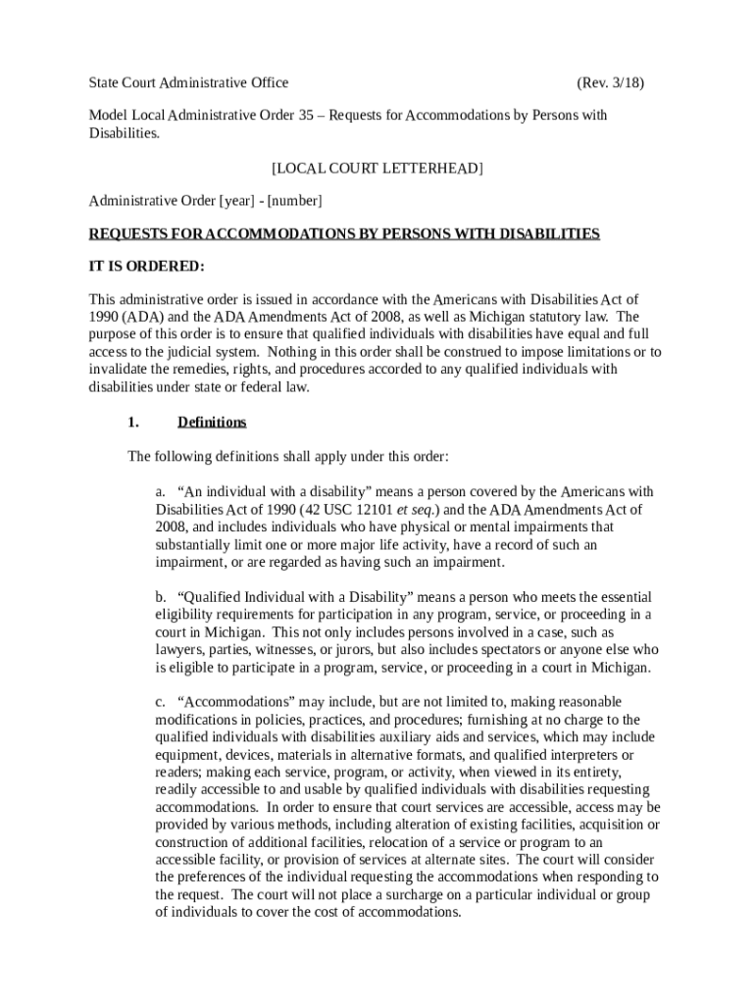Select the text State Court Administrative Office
188,83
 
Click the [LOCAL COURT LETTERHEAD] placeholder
377,169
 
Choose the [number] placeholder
295,201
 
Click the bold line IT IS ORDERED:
147,266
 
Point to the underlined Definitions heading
212,423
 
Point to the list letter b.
161,597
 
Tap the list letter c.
161,702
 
